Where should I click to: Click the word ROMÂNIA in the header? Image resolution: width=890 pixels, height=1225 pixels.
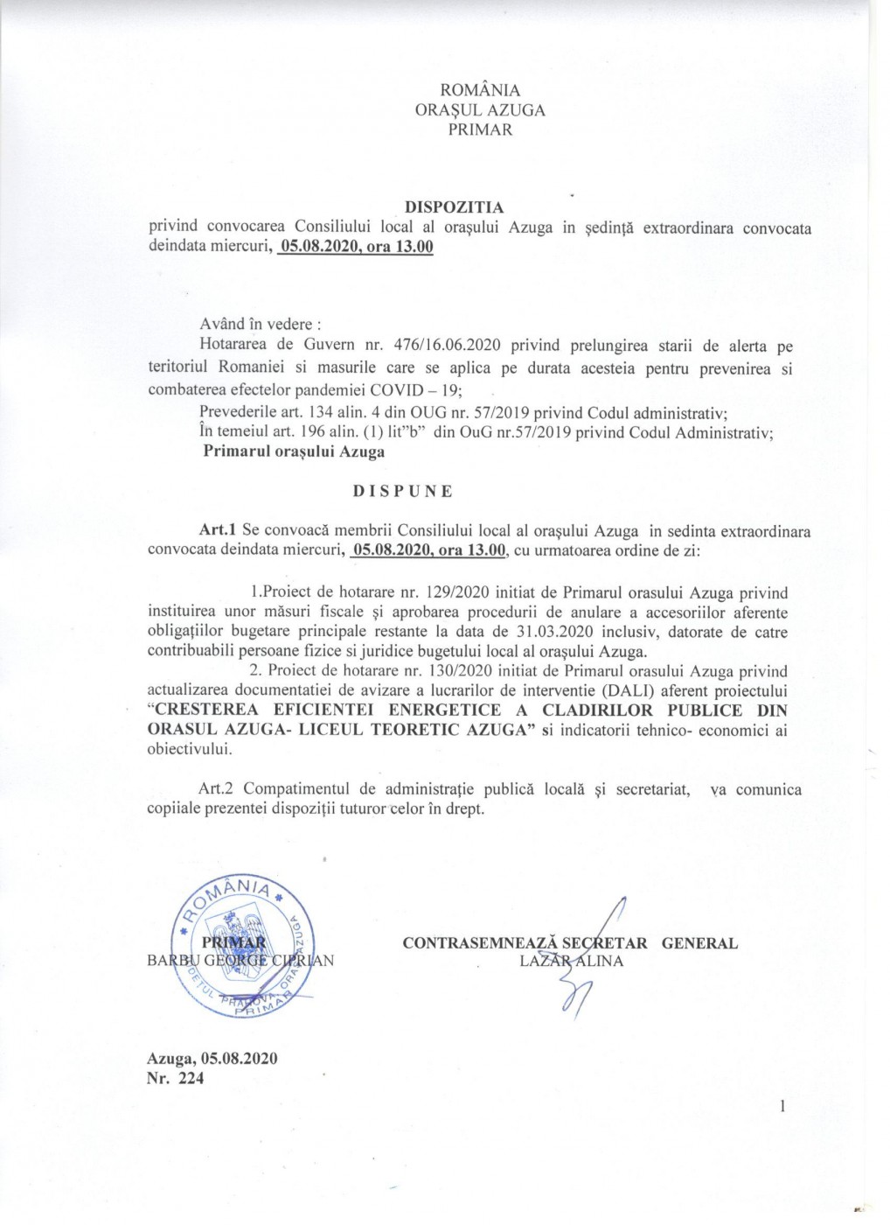pos(480,90)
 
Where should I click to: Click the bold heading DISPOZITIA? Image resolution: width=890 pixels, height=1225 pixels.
pos(455,207)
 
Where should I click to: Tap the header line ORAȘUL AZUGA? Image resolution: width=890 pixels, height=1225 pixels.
pos(480,110)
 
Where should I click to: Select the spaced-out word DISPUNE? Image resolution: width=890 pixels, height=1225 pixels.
pos(403,491)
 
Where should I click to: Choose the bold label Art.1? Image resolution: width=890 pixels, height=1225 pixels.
pos(219,531)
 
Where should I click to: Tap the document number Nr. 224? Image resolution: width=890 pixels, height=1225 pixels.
pos(176,1078)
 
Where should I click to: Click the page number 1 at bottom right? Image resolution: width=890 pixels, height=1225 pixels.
pos(783,1106)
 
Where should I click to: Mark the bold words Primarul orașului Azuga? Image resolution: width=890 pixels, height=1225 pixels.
pos(294,452)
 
